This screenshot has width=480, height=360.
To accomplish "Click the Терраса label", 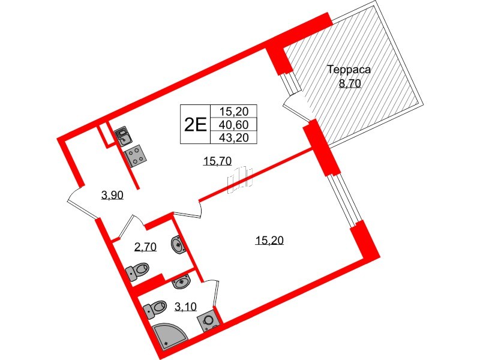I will click(x=349, y=70).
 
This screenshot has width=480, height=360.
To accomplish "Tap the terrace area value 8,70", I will click(x=349, y=83).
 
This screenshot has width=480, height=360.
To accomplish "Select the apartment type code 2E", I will click(x=194, y=124).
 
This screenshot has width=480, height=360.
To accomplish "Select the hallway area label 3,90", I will click(x=112, y=194).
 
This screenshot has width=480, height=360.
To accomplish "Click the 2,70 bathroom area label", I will click(x=145, y=247).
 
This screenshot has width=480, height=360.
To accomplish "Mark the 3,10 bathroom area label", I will click(x=185, y=308).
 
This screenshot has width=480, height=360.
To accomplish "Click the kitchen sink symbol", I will click(x=122, y=136).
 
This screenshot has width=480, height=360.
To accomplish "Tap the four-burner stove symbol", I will click(x=136, y=156).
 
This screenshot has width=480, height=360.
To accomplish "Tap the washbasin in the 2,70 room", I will click(x=178, y=244).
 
